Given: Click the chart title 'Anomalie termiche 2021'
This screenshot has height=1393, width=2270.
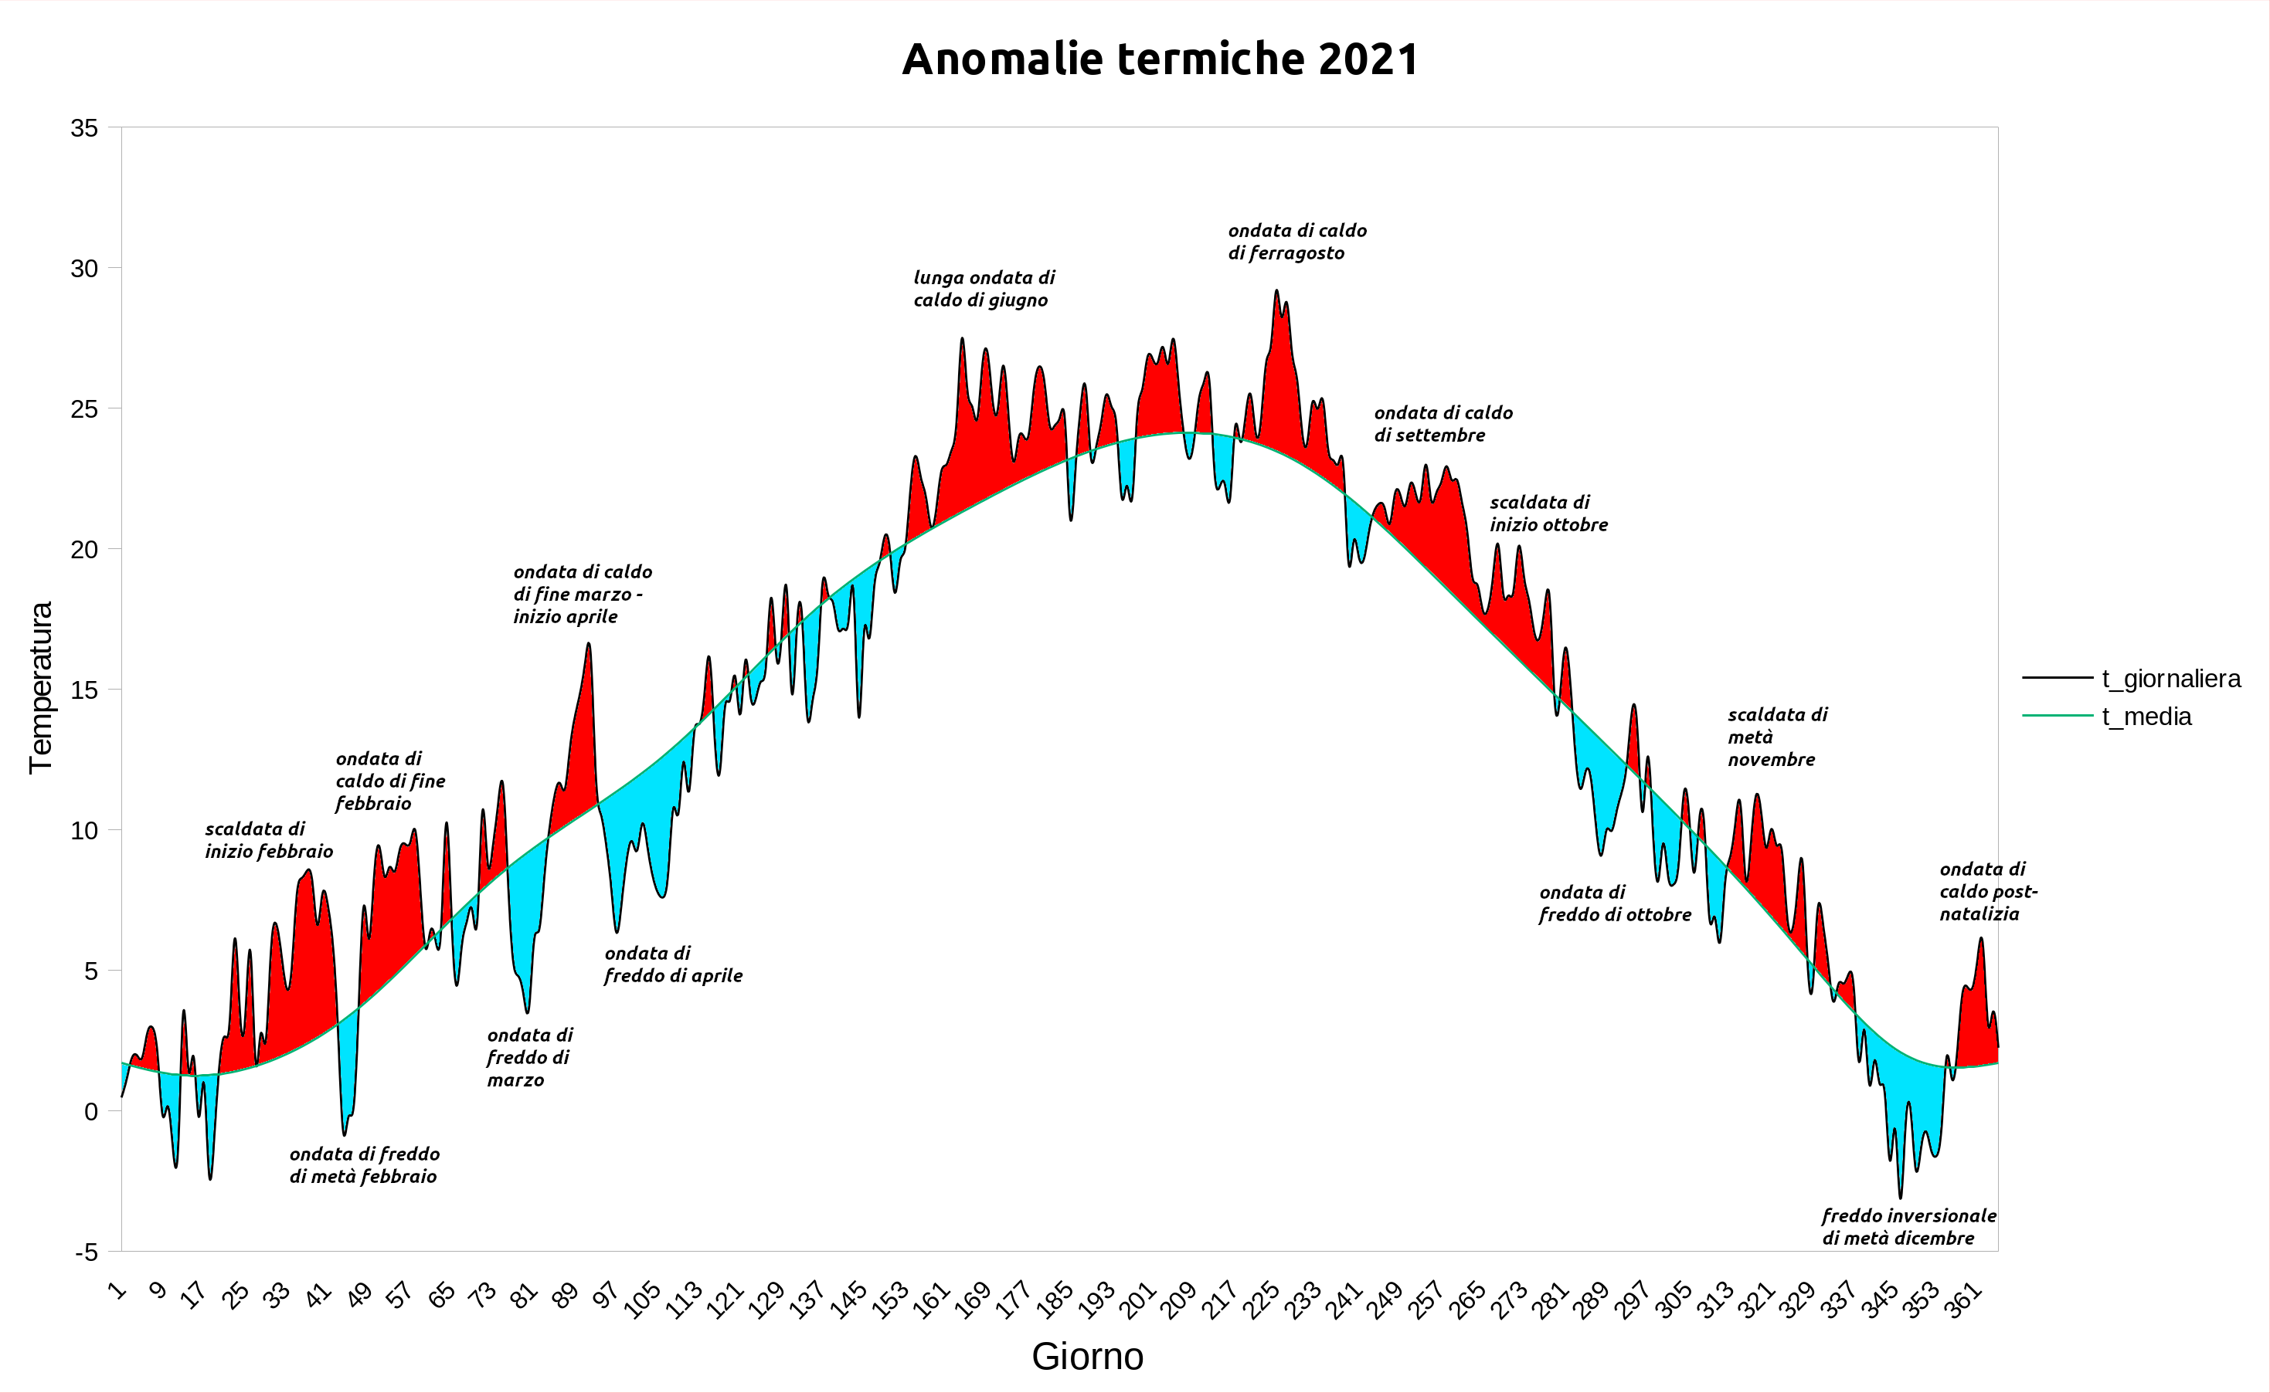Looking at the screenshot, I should click(1160, 59).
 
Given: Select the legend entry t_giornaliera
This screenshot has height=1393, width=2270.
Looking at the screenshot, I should click(2170, 678).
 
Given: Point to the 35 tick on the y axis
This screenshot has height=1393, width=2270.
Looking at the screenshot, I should click(84, 128).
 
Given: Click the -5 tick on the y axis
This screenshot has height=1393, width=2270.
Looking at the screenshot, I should click(86, 1252).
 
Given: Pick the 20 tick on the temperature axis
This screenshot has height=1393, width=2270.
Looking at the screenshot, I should click(84, 550).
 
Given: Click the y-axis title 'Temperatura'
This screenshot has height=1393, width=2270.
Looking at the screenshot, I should click(40, 687).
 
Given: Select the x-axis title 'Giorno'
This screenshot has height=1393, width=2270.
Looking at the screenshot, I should click(1088, 1356).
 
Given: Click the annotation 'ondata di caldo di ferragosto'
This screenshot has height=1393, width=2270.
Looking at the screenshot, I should click(1296, 242).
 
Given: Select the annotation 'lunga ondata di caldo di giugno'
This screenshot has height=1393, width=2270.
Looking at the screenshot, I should click(984, 288).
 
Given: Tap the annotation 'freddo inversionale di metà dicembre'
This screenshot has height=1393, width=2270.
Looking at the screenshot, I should click(1908, 1226).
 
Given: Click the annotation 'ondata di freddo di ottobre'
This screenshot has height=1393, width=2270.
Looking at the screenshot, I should click(1615, 903).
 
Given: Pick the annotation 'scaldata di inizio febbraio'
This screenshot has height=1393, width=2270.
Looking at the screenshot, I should click(268, 839).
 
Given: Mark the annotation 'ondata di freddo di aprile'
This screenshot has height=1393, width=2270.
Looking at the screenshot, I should click(673, 964).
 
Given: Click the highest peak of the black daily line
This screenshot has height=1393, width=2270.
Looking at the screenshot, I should click(1276, 291).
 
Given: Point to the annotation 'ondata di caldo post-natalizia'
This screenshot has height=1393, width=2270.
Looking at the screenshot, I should click(1988, 891).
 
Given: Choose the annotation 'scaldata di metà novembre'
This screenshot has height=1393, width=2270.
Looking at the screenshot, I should click(1776, 736).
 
